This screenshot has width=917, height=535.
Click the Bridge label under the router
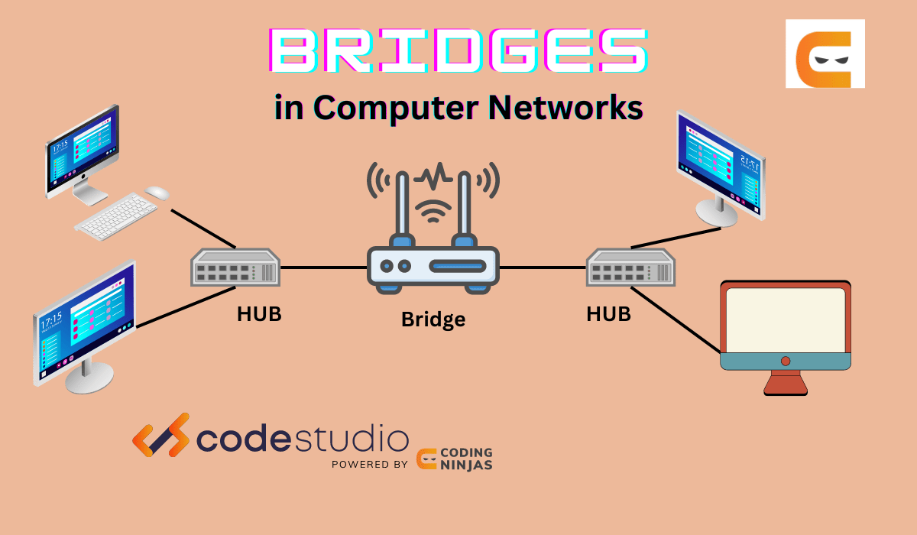click(x=433, y=319)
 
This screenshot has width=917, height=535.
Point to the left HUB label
click(x=259, y=314)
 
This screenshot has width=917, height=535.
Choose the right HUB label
click(x=608, y=313)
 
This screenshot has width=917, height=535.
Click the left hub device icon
click(x=235, y=267)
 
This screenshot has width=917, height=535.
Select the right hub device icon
click(x=630, y=267)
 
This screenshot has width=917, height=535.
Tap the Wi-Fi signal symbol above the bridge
click(x=433, y=208)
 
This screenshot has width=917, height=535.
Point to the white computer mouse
click(x=157, y=193)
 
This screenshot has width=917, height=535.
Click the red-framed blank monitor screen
click(x=785, y=319)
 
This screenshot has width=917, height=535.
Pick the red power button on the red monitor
click(x=785, y=361)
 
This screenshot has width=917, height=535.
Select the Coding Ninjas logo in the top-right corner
click(x=825, y=53)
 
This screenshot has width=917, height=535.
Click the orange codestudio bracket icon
click(x=160, y=435)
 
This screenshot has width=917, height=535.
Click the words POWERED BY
click(x=369, y=464)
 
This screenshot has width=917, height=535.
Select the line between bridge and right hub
click(x=543, y=267)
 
